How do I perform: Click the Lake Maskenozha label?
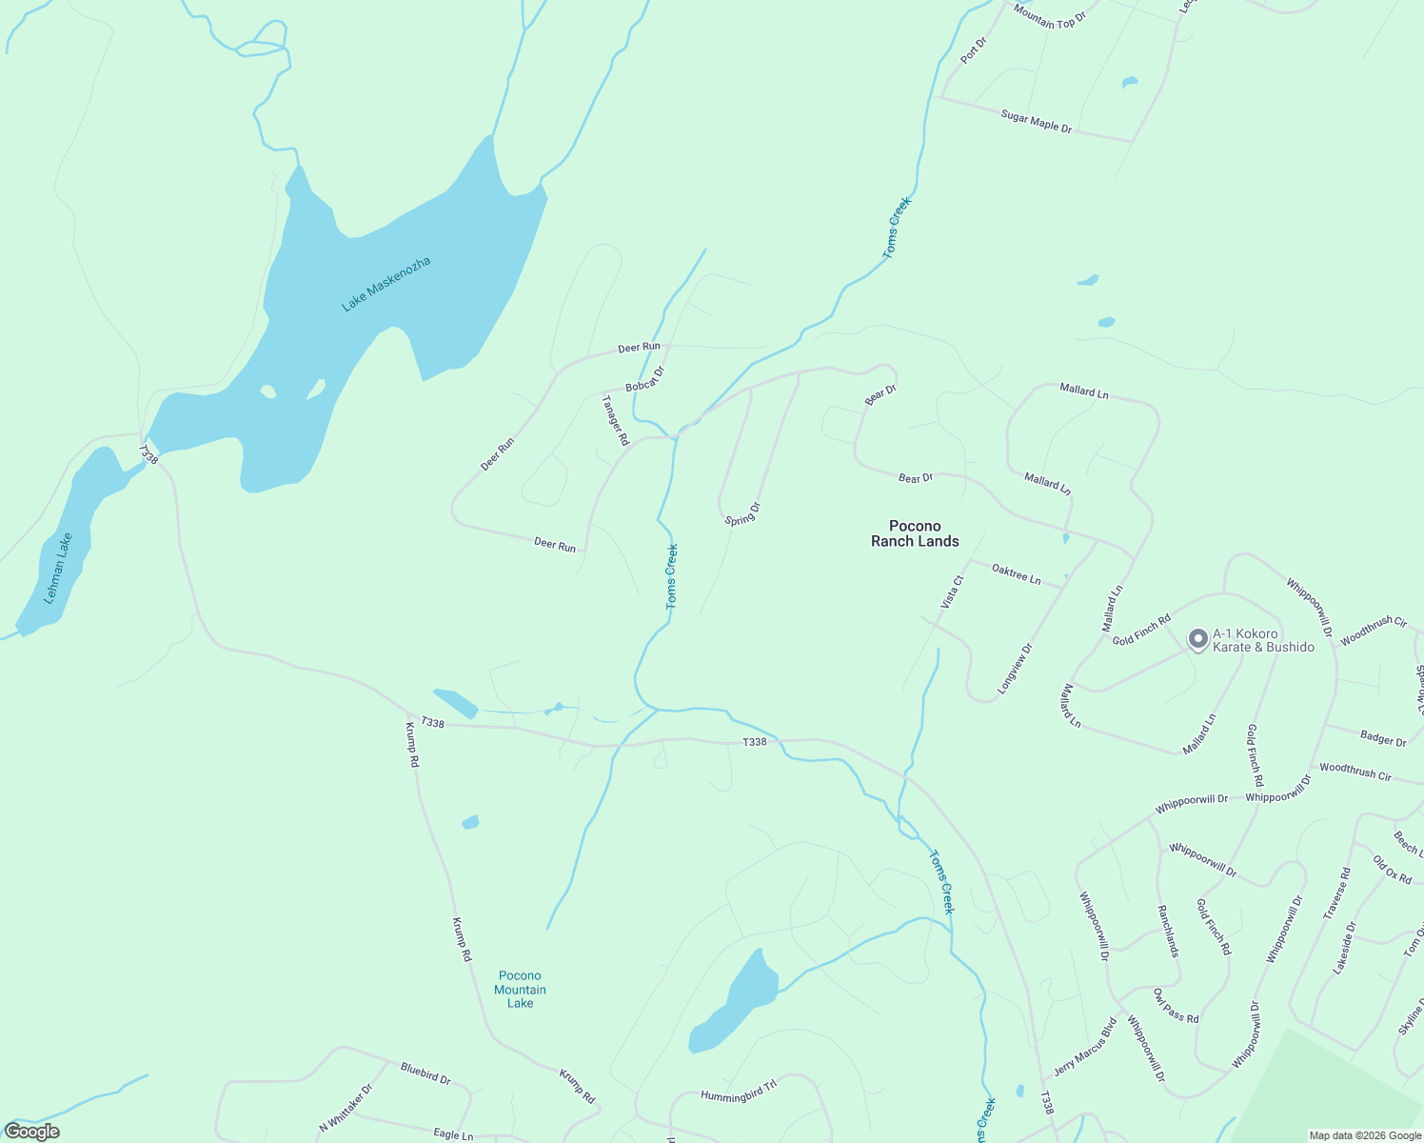[386, 284]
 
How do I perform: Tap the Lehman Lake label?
[59, 569]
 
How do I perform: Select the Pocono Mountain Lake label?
[520, 989]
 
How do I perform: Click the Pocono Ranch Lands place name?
[915, 533]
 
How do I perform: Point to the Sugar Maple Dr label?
[1036, 121]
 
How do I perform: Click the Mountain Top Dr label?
[1049, 15]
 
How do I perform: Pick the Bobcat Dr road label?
[644, 379]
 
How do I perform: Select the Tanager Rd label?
[616, 421]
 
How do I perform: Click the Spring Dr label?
[742, 514]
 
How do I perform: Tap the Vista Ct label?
[952, 592]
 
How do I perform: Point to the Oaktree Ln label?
[1016, 574]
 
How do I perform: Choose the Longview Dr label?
[1015, 668]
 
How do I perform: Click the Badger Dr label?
[1383, 738]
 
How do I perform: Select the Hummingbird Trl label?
[739, 1091]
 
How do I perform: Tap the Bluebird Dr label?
[425, 1073]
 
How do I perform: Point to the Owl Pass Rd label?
[1176, 1006]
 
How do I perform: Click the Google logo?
[32, 1132]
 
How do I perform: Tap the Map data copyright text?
[1363, 1135]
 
